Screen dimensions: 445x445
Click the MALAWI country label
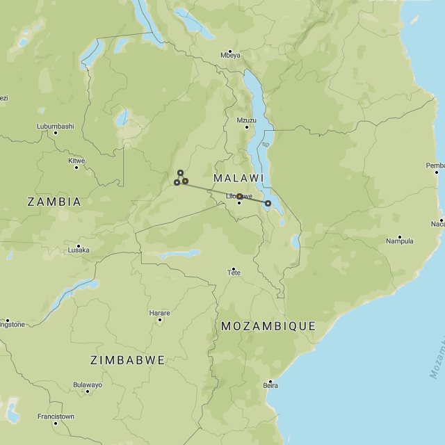pyautogui.click(x=238, y=179)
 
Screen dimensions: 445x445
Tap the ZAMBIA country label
pyautogui.click(x=54, y=202)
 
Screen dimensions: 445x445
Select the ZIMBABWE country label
pyautogui.click(x=128, y=360)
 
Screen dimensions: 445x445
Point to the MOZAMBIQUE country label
pyautogui.click(x=268, y=325)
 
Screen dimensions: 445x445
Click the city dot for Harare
pyautogui.click(x=160, y=320)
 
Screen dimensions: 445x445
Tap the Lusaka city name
pyautogui.click(x=79, y=250)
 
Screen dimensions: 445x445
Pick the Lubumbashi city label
pyautogui.click(x=55, y=126)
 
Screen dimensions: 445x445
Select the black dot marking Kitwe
pyautogui.click(x=76, y=168)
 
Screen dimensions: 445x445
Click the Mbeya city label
pyautogui.click(x=230, y=55)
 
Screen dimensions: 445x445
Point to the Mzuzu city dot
pyautogui.click(x=247, y=127)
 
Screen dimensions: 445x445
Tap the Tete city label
pyautogui.click(x=234, y=273)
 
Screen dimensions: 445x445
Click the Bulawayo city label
pyautogui.click(x=88, y=385)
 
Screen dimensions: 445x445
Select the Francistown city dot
pyautogui.click(x=56, y=423)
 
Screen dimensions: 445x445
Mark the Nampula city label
pyautogui.click(x=400, y=241)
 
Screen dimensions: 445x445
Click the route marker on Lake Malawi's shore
pyautogui.click(x=268, y=203)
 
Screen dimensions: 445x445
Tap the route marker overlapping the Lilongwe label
pyautogui.click(x=239, y=197)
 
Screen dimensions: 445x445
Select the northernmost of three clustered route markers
pyautogui.click(x=180, y=172)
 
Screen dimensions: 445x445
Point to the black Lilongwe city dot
pyautogui.click(x=240, y=203)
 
